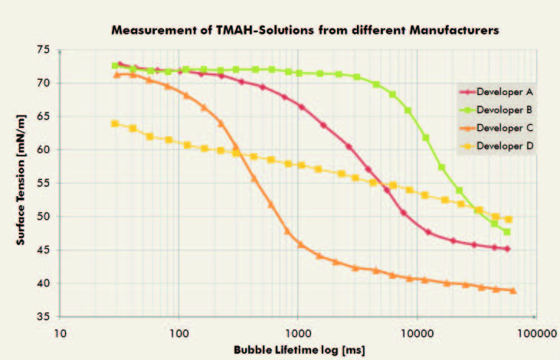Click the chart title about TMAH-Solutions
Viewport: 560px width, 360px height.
(305, 31)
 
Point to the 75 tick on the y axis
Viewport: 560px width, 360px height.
(43, 50)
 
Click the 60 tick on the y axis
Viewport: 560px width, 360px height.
(43, 150)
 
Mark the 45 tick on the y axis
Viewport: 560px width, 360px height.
(43, 250)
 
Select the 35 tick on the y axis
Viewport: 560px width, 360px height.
(43, 317)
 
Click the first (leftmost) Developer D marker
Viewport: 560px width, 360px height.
(115, 123)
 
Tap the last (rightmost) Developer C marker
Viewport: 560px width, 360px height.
(513, 291)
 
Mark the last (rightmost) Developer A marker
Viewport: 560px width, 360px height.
(507, 249)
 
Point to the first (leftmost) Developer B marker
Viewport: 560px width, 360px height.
(115, 66)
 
